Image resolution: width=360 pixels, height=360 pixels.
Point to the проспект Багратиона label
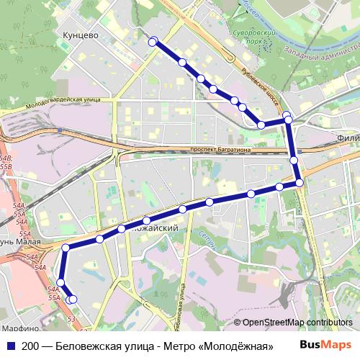pyautogui.click(x=220, y=149)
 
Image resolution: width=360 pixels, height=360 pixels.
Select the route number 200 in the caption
pyautogui.click(x=30, y=346)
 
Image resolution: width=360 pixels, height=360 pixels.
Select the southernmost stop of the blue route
pyautogui.click(x=72, y=299)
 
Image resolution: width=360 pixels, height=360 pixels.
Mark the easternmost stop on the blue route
pyautogui.click(x=300, y=183)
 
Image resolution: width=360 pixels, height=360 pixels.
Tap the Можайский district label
pyautogui.click(x=156, y=228)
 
